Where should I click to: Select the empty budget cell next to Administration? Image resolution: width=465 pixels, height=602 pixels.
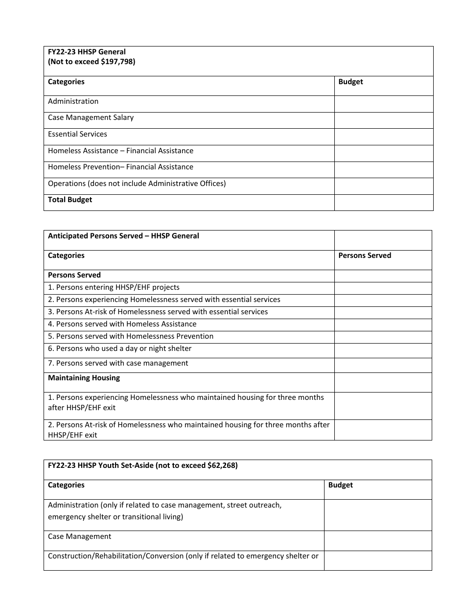tap(383, 104)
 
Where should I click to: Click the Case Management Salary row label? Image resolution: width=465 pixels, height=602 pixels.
tap(91, 117)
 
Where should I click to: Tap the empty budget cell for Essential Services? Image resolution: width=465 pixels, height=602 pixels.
tap(383, 137)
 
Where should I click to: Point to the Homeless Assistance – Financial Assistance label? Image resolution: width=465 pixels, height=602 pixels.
tap(120, 151)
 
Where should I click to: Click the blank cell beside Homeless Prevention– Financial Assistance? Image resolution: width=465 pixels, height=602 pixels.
tap(383, 169)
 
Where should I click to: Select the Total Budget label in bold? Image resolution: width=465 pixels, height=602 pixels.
tap(70, 200)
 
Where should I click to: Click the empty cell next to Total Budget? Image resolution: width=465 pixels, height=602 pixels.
tap(383, 203)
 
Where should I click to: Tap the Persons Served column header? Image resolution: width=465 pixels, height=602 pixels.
tap(365, 255)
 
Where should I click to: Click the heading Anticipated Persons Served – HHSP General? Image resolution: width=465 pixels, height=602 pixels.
tap(123, 236)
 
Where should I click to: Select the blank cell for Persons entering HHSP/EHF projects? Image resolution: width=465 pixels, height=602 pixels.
tap(383, 288)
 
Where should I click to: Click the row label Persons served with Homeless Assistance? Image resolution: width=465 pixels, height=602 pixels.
tap(122, 324)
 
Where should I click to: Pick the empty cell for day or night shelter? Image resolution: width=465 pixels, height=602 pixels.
tap(383, 350)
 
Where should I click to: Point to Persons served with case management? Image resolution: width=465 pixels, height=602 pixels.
tap(118, 363)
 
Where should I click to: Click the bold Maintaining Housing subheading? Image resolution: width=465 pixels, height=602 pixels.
tap(84, 378)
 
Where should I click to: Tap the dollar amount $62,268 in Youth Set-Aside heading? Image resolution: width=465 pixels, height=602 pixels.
tap(222, 465)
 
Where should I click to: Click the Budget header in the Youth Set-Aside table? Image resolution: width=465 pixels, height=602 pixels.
tap(340, 485)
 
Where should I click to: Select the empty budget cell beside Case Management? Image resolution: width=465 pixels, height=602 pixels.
tap(377, 541)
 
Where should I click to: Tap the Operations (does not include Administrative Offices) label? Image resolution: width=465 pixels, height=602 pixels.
tap(137, 184)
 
